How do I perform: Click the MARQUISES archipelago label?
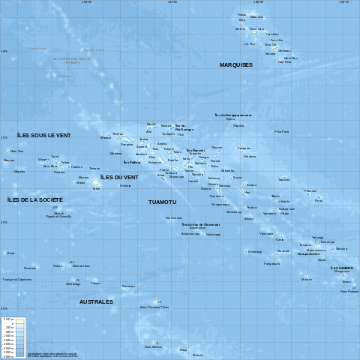coord(235,65)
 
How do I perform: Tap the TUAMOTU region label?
coord(162,202)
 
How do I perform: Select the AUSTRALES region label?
coord(96,301)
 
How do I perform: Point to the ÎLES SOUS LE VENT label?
coord(44,135)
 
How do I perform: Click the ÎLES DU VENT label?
coord(119,177)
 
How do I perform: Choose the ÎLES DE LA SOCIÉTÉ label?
coord(34,199)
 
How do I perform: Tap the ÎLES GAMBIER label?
coord(341,268)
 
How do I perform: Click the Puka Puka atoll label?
coord(281,131)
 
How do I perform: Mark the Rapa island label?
coord(183,349)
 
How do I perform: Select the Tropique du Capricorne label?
coord(16,280)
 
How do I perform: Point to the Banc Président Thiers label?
coord(154,307)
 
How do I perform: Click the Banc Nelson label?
coord(153,346)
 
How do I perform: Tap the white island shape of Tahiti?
coord(95,183)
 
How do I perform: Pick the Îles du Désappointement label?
coord(233,115)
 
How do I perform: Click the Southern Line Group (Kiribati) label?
coord(72,59)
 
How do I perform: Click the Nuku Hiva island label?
coord(256,28)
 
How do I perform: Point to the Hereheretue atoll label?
coord(174,217)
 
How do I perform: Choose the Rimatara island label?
coord(30,268)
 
